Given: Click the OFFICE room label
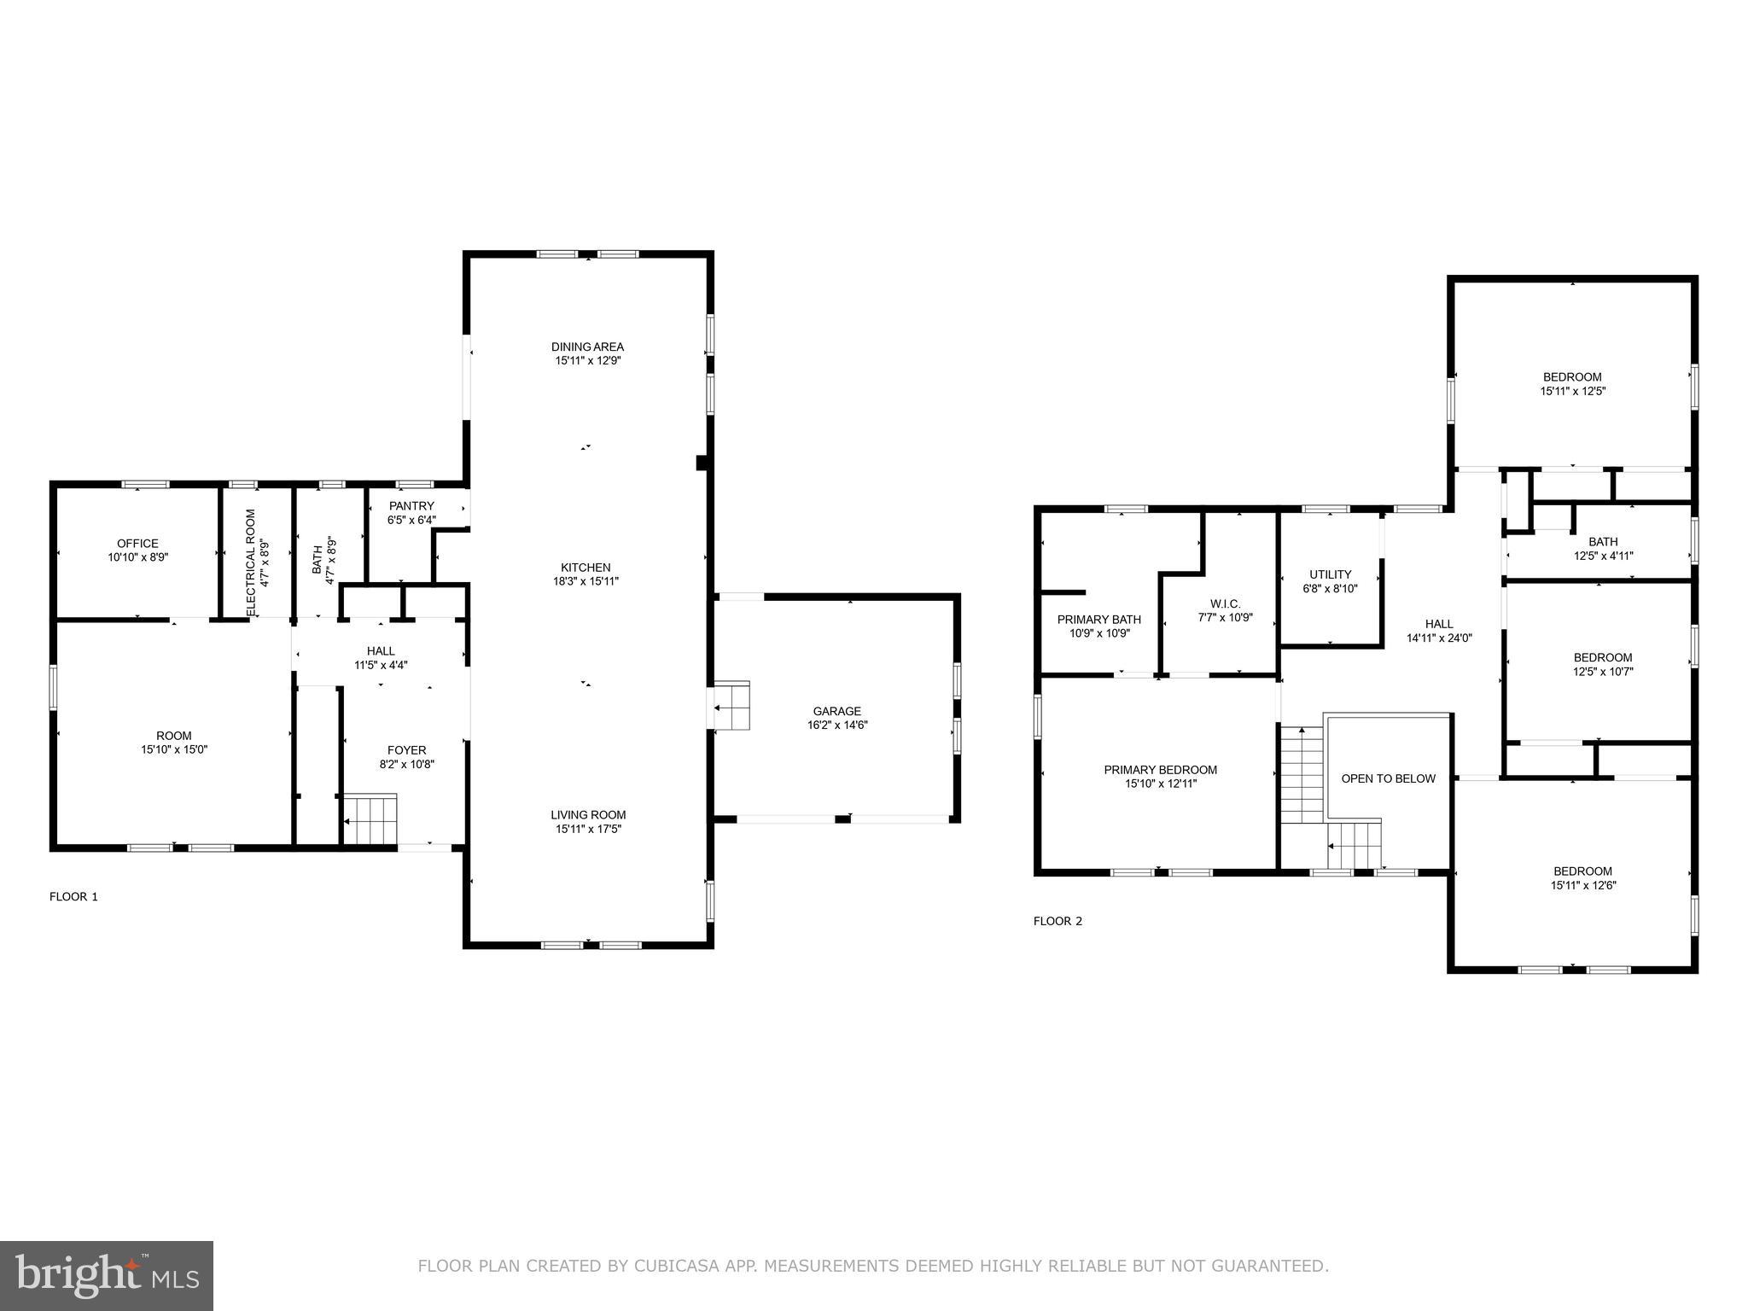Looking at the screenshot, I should point(137,544).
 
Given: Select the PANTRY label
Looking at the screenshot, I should point(411,506).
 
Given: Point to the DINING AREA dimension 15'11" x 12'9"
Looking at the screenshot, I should point(588,361).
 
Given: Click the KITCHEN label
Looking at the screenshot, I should point(586,568).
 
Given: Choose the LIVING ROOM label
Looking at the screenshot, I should point(588,815).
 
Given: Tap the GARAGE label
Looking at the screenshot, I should point(836,711).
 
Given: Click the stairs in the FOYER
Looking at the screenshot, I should point(370,819).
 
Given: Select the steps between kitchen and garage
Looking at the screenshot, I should point(731,706).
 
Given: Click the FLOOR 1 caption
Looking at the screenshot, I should point(73,896).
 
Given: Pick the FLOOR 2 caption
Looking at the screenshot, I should point(1058,921).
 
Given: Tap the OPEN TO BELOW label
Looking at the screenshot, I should point(1388,778).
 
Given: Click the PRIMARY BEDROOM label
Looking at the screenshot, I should point(1160,770).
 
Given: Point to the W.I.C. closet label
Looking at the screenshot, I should point(1225,603).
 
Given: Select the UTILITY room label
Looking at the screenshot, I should point(1330,574).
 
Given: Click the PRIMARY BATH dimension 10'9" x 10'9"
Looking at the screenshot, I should point(1099,633).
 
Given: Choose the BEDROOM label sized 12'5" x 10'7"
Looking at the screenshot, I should point(1602,657).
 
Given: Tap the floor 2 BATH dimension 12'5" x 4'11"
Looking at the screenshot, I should point(1602,556).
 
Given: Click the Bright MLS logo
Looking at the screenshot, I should point(107,1276).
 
